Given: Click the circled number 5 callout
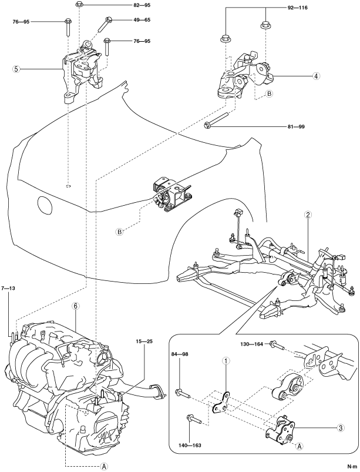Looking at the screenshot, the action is pyautogui.click(x=17, y=69).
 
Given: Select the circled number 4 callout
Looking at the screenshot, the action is pyautogui.click(x=316, y=76).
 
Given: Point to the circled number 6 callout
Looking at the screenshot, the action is pyautogui.click(x=76, y=306).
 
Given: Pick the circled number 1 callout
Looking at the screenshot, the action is pyautogui.click(x=226, y=360).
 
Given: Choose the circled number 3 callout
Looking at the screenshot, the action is pyautogui.click(x=341, y=427).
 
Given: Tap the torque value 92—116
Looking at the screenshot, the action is pyautogui.click(x=297, y=8).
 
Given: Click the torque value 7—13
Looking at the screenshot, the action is pyautogui.click(x=8, y=288).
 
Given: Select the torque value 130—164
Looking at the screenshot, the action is pyautogui.click(x=252, y=344).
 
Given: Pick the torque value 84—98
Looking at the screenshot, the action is pyautogui.click(x=180, y=354).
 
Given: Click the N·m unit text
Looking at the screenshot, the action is pyautogui.click(x=352, y=466).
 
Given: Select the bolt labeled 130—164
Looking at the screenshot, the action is pyautogui.click(x=278, y=346).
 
